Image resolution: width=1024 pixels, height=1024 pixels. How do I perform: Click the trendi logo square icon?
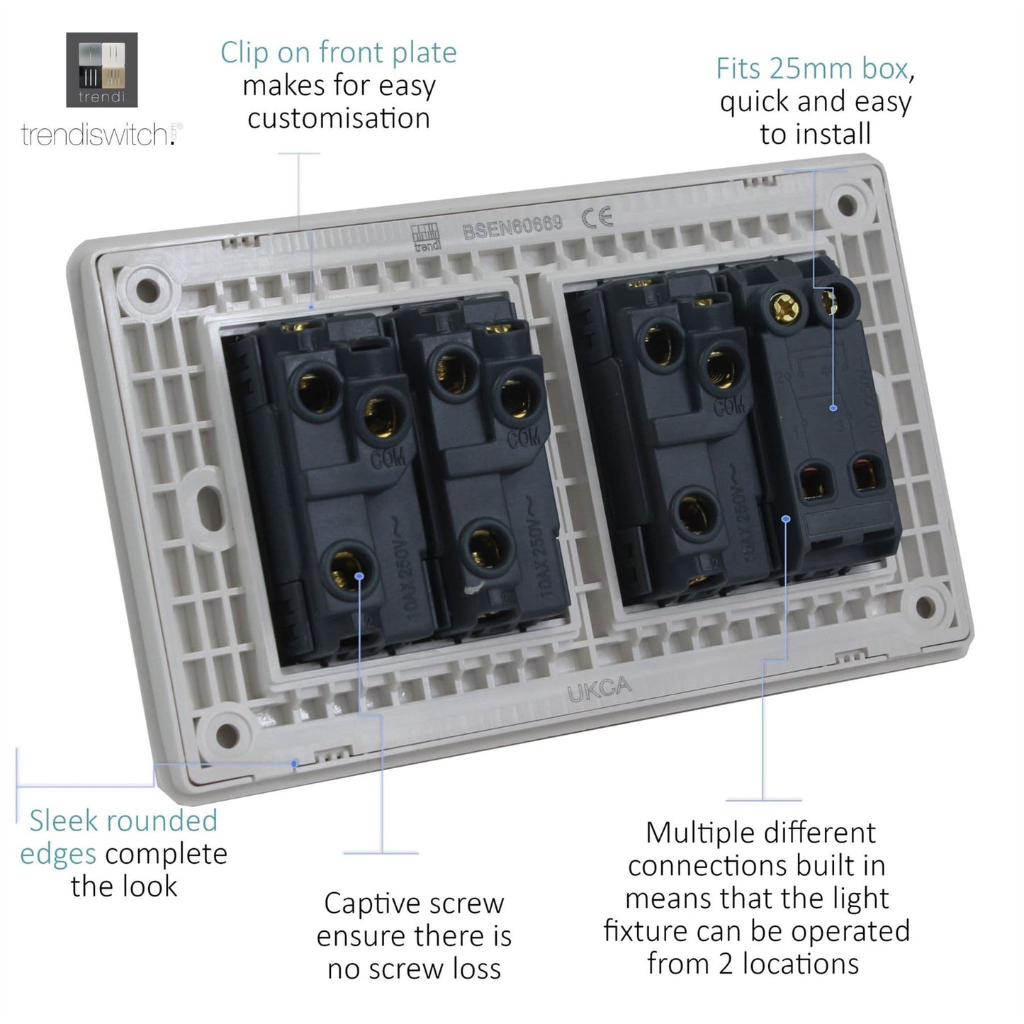click(x=101, y=69)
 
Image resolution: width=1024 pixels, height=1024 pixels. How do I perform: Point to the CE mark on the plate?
click(x=597, y=218)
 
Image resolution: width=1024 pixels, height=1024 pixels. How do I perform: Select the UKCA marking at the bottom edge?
click(x=599, y=689)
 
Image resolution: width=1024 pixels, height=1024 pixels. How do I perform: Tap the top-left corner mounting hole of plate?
click(x=147, y=289)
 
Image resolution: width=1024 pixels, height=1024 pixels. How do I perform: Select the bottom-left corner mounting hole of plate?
click(x=227, y=732)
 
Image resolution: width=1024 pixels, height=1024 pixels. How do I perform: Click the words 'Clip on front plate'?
click(x=338, y=53)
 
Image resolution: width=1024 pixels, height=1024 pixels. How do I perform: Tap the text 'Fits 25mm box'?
click(x=812, y=69)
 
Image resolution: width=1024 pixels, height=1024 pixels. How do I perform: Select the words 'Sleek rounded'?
click(x=123, y=821)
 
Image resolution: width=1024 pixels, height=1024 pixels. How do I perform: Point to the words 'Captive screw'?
click(x=414, y=904)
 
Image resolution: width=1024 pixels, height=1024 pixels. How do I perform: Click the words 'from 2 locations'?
click(x=753, y=964)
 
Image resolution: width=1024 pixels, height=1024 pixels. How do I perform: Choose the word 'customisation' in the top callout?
click(x=339, y=118)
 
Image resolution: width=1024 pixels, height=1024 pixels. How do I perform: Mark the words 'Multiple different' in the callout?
click(x=760, y=833)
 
